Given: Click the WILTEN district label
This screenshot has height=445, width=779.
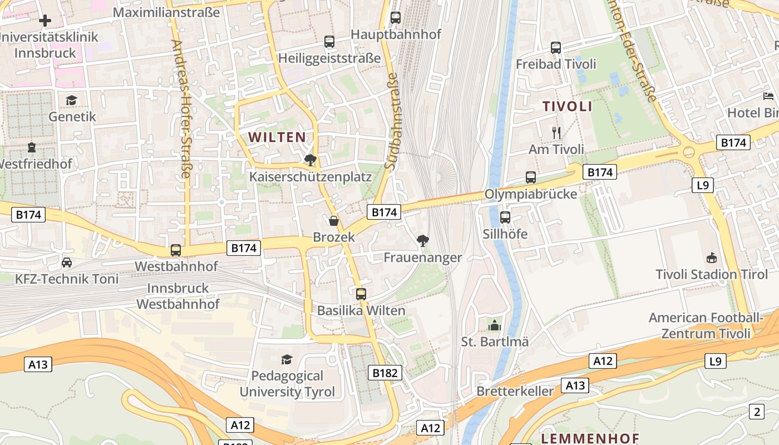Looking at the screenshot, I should pyautogui.click(x=277, y=137).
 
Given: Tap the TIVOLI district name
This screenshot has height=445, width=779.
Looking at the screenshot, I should pyautogui.click(x=568, y=106).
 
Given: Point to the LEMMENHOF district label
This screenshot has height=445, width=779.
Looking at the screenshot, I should pyautogui.click(x=590, y=438).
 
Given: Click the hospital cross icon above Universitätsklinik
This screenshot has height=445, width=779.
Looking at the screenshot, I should pyautogui.click(x=45, y=21).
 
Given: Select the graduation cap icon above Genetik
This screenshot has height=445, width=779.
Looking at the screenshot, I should pyautogui.click(x=71, y=100).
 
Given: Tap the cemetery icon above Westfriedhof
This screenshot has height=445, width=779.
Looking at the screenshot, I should pyautogui.click(x=31, y=148).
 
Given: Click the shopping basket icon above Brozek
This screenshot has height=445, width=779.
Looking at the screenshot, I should pyautogui.click(x=334, y=221).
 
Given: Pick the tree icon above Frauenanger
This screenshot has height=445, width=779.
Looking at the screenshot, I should pyautogui.click(x=423, y=241).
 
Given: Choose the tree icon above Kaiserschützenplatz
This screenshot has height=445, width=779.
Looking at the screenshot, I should pyautogui.click(x=310, y=160).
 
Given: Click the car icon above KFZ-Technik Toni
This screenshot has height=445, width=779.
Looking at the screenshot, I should pyautogui.click(x=67, y=262).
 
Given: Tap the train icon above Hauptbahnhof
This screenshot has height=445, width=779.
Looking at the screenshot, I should pyautogui.click(x=396, y=18).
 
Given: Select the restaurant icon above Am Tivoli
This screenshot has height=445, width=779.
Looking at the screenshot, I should pyautogui.click(x=556, y=132).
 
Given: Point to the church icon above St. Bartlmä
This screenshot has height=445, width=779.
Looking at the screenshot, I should pyautogui.click(x=495, y=325).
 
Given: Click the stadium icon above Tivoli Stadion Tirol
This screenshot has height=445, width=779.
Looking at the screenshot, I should pyautogui.click(x=711, y=258).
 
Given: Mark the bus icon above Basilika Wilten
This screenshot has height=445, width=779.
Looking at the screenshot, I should pyautogui.click(x=361, y=294).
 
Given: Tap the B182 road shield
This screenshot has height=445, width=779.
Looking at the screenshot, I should pyautogui.click(x=384, y=373).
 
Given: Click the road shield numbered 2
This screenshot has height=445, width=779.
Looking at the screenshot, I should pyautogui.click(x=756, y=412).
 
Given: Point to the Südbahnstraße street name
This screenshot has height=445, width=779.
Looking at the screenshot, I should pyautogui.click(x=392, y=123).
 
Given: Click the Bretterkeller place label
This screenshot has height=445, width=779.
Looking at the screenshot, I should pyautogui.click(x=515, y=391).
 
